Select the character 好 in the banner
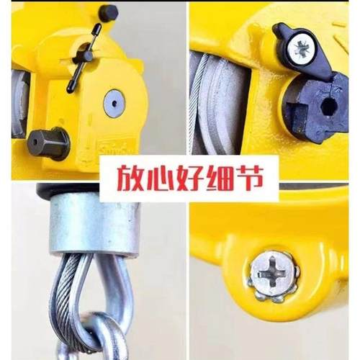[x=179, y=176]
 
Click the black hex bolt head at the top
[x=108, y=12]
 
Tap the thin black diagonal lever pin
[x=83, y=58]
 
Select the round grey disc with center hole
[x=114, y=103]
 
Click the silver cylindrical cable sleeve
[x=94, y=227]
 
